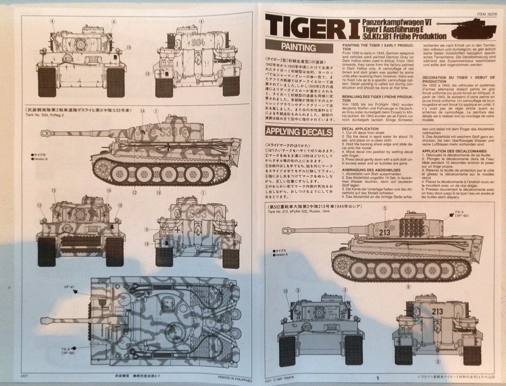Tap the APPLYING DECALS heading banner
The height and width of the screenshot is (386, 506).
tap(299, 132)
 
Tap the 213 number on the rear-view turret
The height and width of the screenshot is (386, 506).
tap(437, 311)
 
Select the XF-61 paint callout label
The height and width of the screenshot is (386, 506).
tap(69, 287)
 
